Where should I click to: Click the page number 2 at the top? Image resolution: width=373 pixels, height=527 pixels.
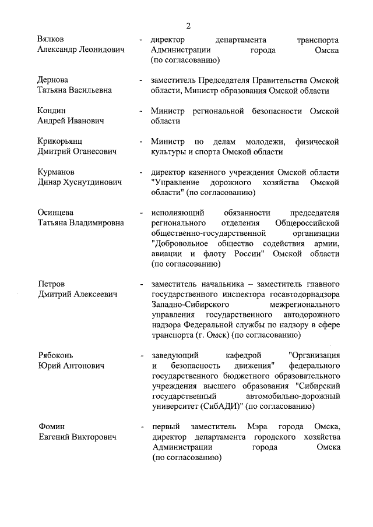(188, 26)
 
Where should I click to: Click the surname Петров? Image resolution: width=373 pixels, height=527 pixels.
(51, 284)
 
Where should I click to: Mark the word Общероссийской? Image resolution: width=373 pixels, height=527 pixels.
(307, 223)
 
